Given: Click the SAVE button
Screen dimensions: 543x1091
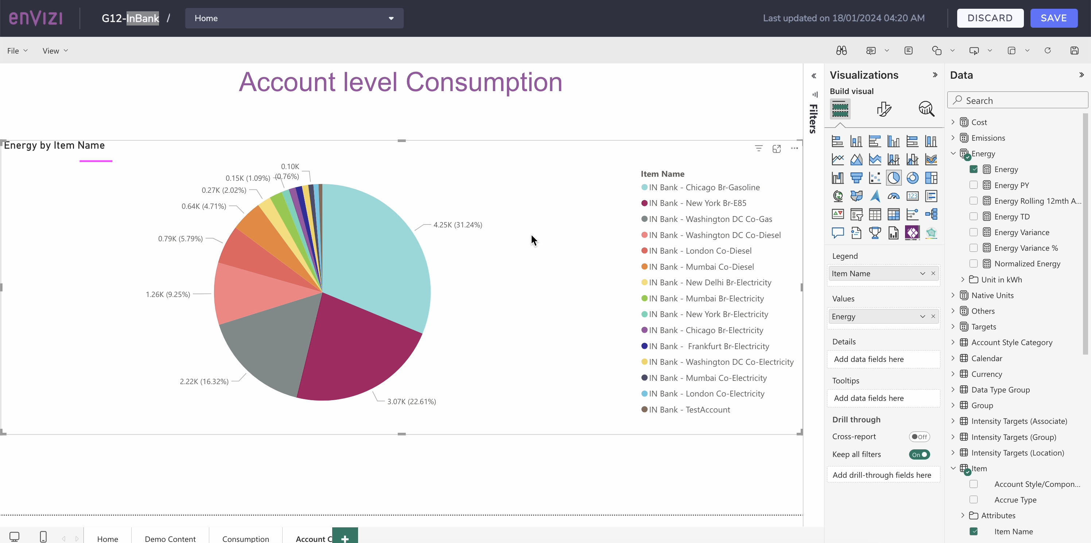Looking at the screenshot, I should (1053, 18).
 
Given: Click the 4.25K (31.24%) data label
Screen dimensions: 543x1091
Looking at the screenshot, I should (457, 225).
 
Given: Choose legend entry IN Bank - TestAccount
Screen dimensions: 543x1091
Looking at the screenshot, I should (689, 410).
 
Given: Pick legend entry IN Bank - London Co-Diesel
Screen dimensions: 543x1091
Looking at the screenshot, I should (700, 251).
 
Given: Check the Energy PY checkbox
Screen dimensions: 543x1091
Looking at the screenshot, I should (973, 185).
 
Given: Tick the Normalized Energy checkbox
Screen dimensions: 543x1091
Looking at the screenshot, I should (973, 264).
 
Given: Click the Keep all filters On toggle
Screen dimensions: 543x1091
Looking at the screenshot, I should (919, 454).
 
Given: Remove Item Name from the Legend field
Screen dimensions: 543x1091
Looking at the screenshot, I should (933, 273).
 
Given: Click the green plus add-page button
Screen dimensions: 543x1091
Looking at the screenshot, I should (345, 538).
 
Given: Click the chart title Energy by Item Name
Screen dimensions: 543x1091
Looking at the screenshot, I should (54, 145).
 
